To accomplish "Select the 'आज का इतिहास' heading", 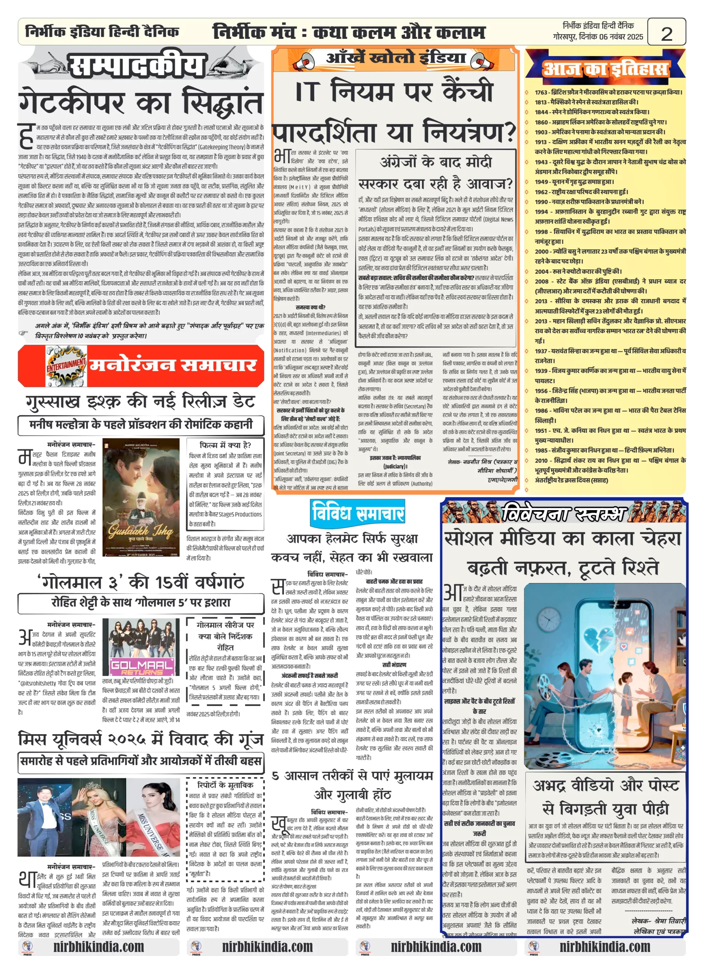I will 605,68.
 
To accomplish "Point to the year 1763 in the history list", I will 541,92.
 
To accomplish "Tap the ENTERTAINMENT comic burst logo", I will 67,365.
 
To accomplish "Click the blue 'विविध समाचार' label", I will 358,512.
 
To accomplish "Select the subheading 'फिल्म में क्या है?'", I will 225,445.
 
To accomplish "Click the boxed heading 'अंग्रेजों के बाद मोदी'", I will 436,162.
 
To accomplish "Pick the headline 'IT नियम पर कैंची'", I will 394,91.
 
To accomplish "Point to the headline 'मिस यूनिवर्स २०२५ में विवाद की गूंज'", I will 141,739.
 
